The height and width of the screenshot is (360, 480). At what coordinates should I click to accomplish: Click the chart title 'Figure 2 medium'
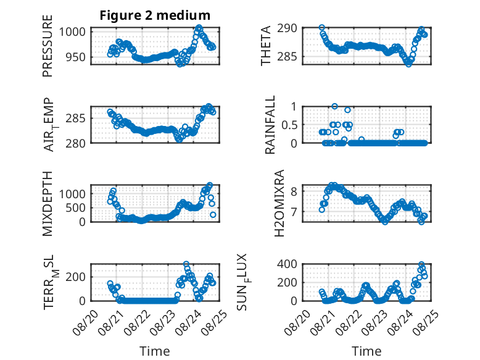(155, 15)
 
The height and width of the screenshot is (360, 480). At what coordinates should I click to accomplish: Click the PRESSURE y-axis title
(48, 46)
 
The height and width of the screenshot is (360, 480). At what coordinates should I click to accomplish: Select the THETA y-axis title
(266, 46)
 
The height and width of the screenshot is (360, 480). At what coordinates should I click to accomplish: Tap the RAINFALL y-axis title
(270, 125)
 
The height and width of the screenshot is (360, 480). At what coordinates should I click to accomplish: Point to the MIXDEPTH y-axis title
(48, 204)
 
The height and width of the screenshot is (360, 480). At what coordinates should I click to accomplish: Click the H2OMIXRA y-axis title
(279, 203)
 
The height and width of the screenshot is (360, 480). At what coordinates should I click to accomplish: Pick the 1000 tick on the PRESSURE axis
(72, 31)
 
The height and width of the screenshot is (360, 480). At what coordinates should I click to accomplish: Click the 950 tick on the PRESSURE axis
(75, 57)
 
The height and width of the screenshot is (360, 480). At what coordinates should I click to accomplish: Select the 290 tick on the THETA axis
(287, 28)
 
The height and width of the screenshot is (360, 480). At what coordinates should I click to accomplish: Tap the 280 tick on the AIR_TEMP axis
(75, 143)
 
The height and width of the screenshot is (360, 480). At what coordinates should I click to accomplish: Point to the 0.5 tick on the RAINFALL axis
(289, 125)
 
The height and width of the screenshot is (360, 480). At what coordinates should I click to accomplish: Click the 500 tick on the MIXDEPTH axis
(75, 208)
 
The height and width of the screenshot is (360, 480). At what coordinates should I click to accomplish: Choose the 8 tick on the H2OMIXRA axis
(294, 191)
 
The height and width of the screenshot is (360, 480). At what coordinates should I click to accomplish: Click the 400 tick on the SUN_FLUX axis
(287, 264)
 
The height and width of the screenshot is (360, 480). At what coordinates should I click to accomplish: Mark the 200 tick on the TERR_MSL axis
(75, 277)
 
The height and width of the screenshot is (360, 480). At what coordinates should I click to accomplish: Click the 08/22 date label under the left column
(138, 322)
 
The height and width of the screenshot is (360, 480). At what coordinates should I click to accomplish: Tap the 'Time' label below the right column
(366, 351)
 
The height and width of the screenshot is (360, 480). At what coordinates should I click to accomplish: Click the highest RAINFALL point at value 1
(334, 106)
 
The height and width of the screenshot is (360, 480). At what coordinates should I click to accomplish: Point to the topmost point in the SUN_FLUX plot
(421, 264)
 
